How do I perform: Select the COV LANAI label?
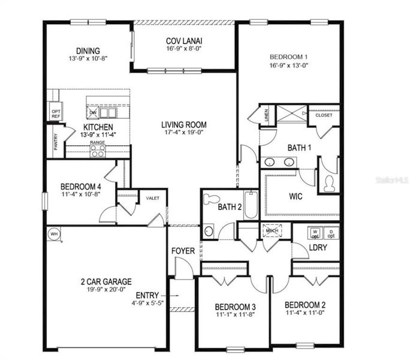(184, 41)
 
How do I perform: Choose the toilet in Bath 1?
(329, 184)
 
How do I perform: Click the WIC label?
(295, 196)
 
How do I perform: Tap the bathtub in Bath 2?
(251, 205)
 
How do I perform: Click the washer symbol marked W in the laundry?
(313, 232)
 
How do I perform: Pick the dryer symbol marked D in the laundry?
(331, 232)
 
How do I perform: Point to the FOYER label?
(182, 251)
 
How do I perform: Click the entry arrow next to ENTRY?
(175, 295)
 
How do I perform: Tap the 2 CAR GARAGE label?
(107, 281)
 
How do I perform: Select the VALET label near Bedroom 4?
(153, 198)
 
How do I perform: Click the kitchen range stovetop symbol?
(98, 151)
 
